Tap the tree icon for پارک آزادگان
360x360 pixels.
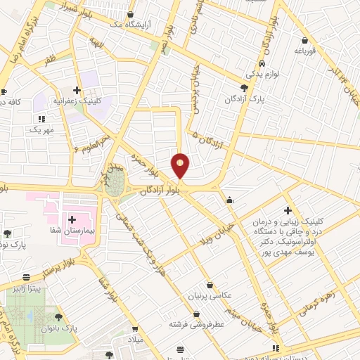tap(244, 88)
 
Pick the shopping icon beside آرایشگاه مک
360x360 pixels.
tap(129, 14)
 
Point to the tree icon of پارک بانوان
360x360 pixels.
tap(58, 316)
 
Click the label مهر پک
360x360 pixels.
tap(41, 131)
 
